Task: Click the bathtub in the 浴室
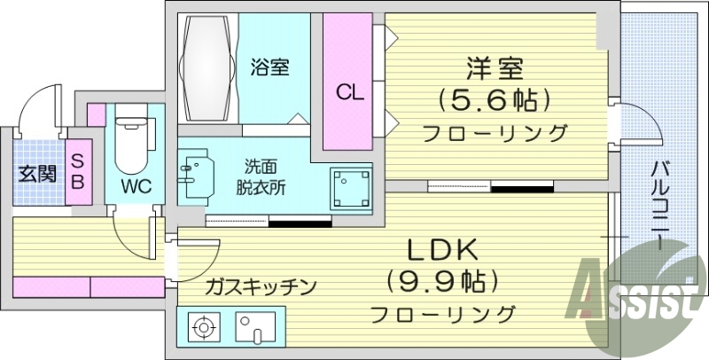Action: tap(206, 67)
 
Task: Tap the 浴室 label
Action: tap(270, 67)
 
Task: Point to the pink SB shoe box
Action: tap(77, 171)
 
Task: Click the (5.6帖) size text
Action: tap(495, 100)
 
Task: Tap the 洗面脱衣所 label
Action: tap(261, 176)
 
